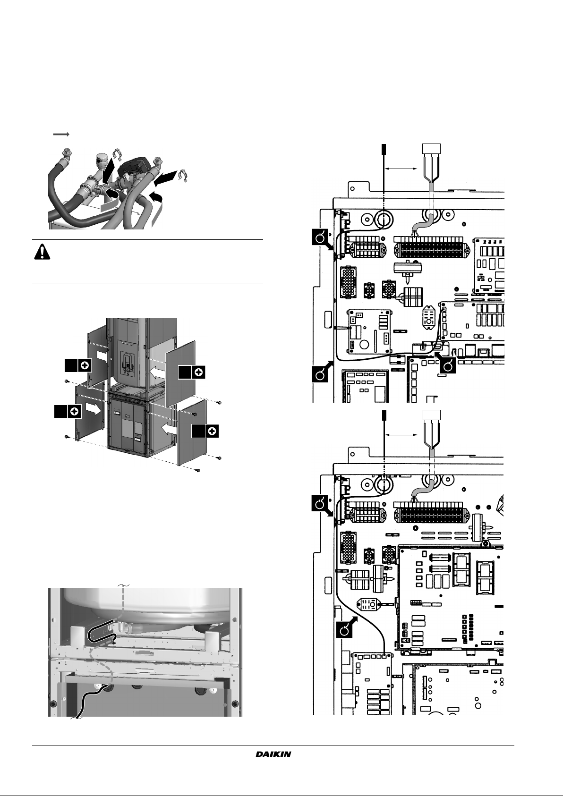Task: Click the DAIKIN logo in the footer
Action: tap(273, 754)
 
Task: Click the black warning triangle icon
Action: tap(43, 253)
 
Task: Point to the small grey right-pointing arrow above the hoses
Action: tap(61, 134)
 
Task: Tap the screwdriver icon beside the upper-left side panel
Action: tap(85, 365)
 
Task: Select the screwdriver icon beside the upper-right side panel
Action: tap(199, 373)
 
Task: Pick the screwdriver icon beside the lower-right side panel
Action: tap(212, 431)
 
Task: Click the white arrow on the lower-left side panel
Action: tap(94, 409)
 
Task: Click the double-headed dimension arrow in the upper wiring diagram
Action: tap(402, 168)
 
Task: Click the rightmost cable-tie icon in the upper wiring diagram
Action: tap(449, 365)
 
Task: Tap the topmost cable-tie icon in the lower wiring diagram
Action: tap(321, 504)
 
